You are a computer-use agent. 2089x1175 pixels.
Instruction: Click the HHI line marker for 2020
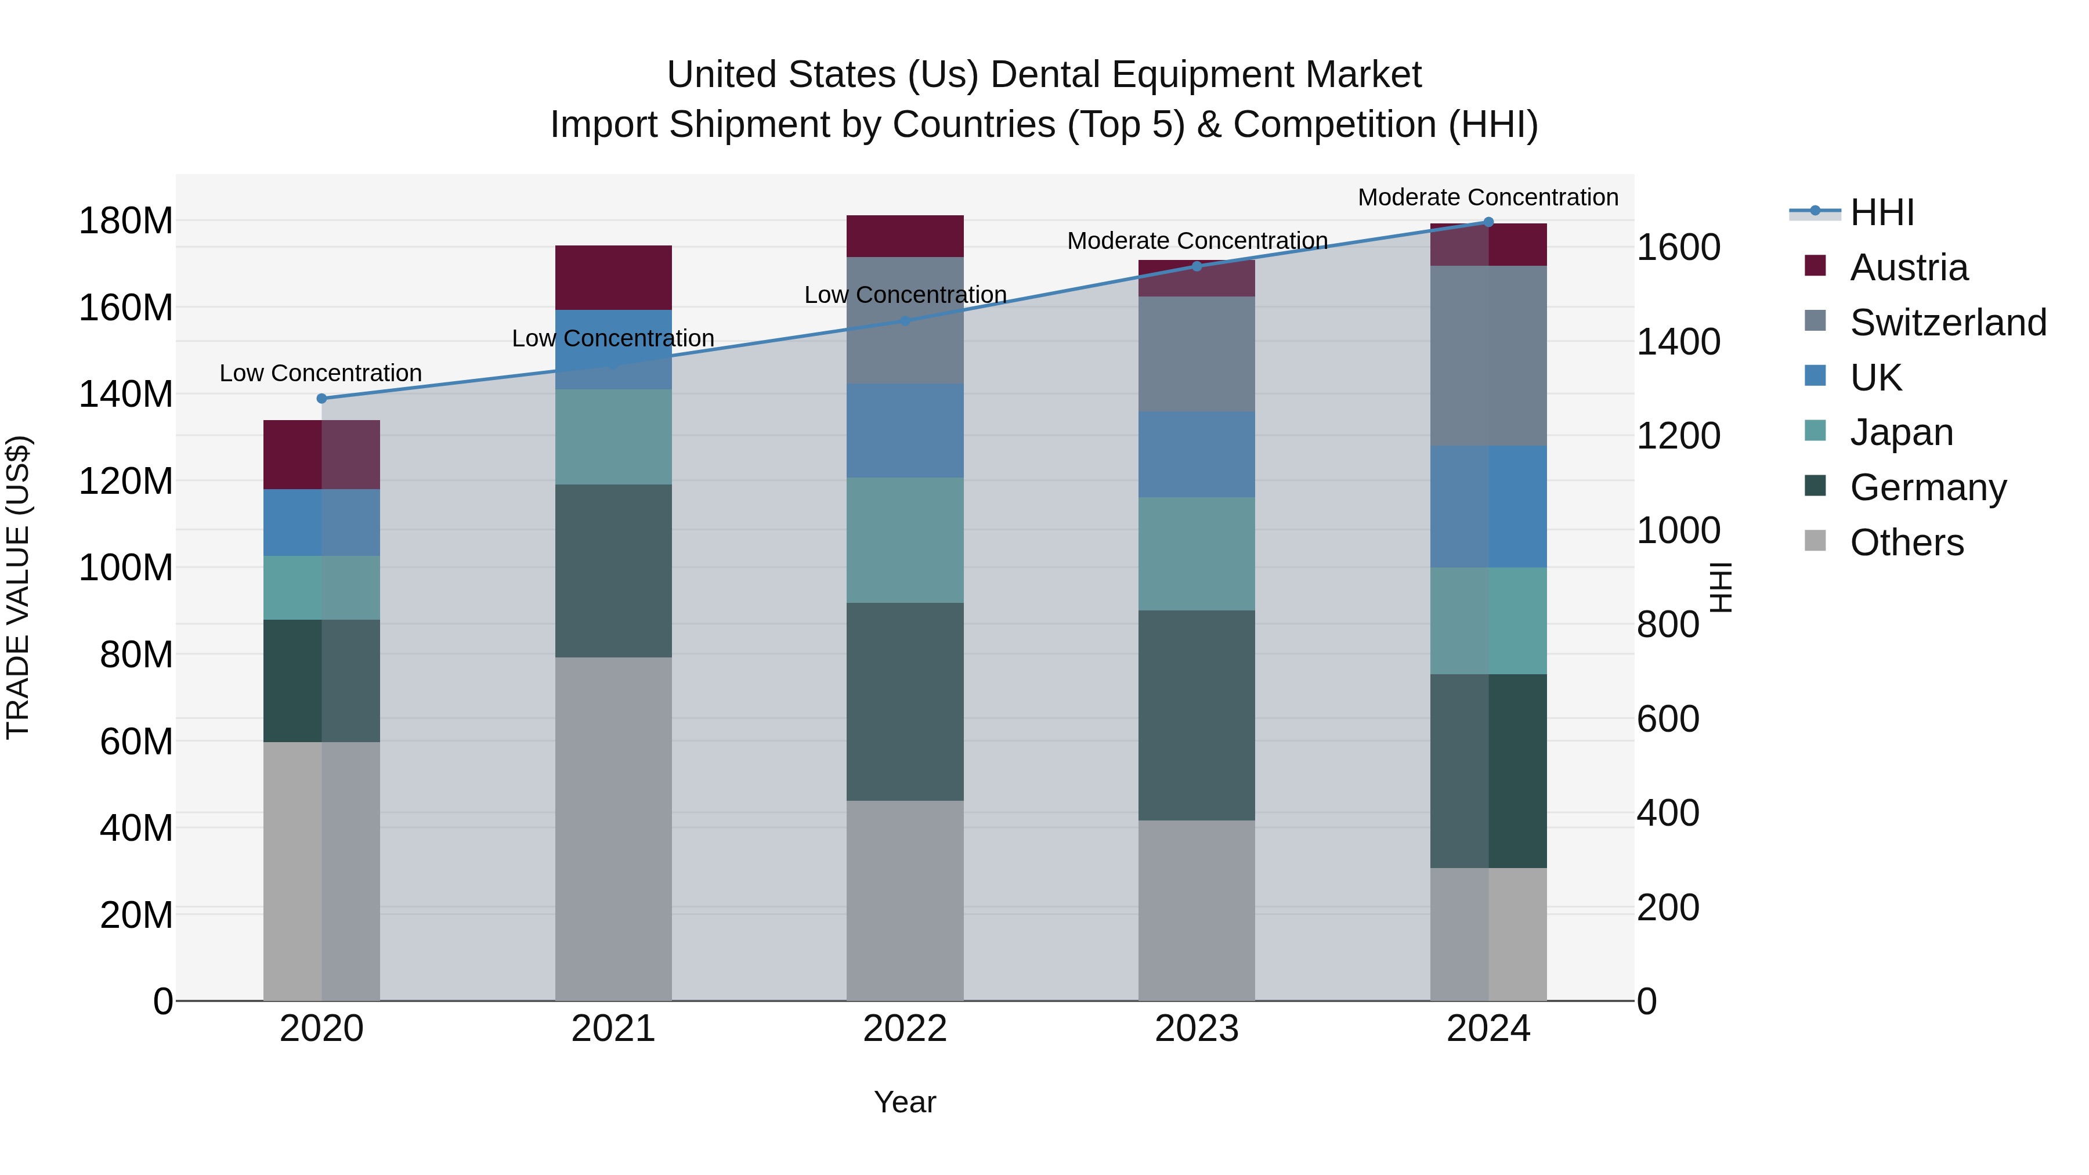click(x=322, y=398)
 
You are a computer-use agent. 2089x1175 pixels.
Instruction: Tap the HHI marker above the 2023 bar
click(x=1197, y=266)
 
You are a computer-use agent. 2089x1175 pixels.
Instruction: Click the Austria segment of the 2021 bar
click(x=613, y=277)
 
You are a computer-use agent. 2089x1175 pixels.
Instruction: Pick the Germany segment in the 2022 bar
click(x=905, y=702)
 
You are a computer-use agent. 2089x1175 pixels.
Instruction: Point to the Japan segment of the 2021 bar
click(x=613, y=437)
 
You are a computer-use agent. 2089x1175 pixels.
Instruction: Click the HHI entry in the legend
click(x=1881, y=212)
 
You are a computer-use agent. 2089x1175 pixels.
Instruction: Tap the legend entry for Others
click(x=1906, y=543)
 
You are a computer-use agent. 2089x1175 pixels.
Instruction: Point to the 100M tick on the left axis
click(x=126, y=567)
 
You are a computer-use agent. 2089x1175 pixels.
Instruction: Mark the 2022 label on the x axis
click(x=905, y=1029)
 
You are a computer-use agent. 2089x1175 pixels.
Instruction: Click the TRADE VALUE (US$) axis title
click(x=18, y=587)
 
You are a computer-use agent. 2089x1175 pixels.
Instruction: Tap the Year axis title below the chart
click(x=905, y=1102)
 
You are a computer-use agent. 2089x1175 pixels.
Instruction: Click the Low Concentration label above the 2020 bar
click(x=321, y=373)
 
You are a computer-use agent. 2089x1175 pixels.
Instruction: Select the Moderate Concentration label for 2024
click(x=1488, y=197)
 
